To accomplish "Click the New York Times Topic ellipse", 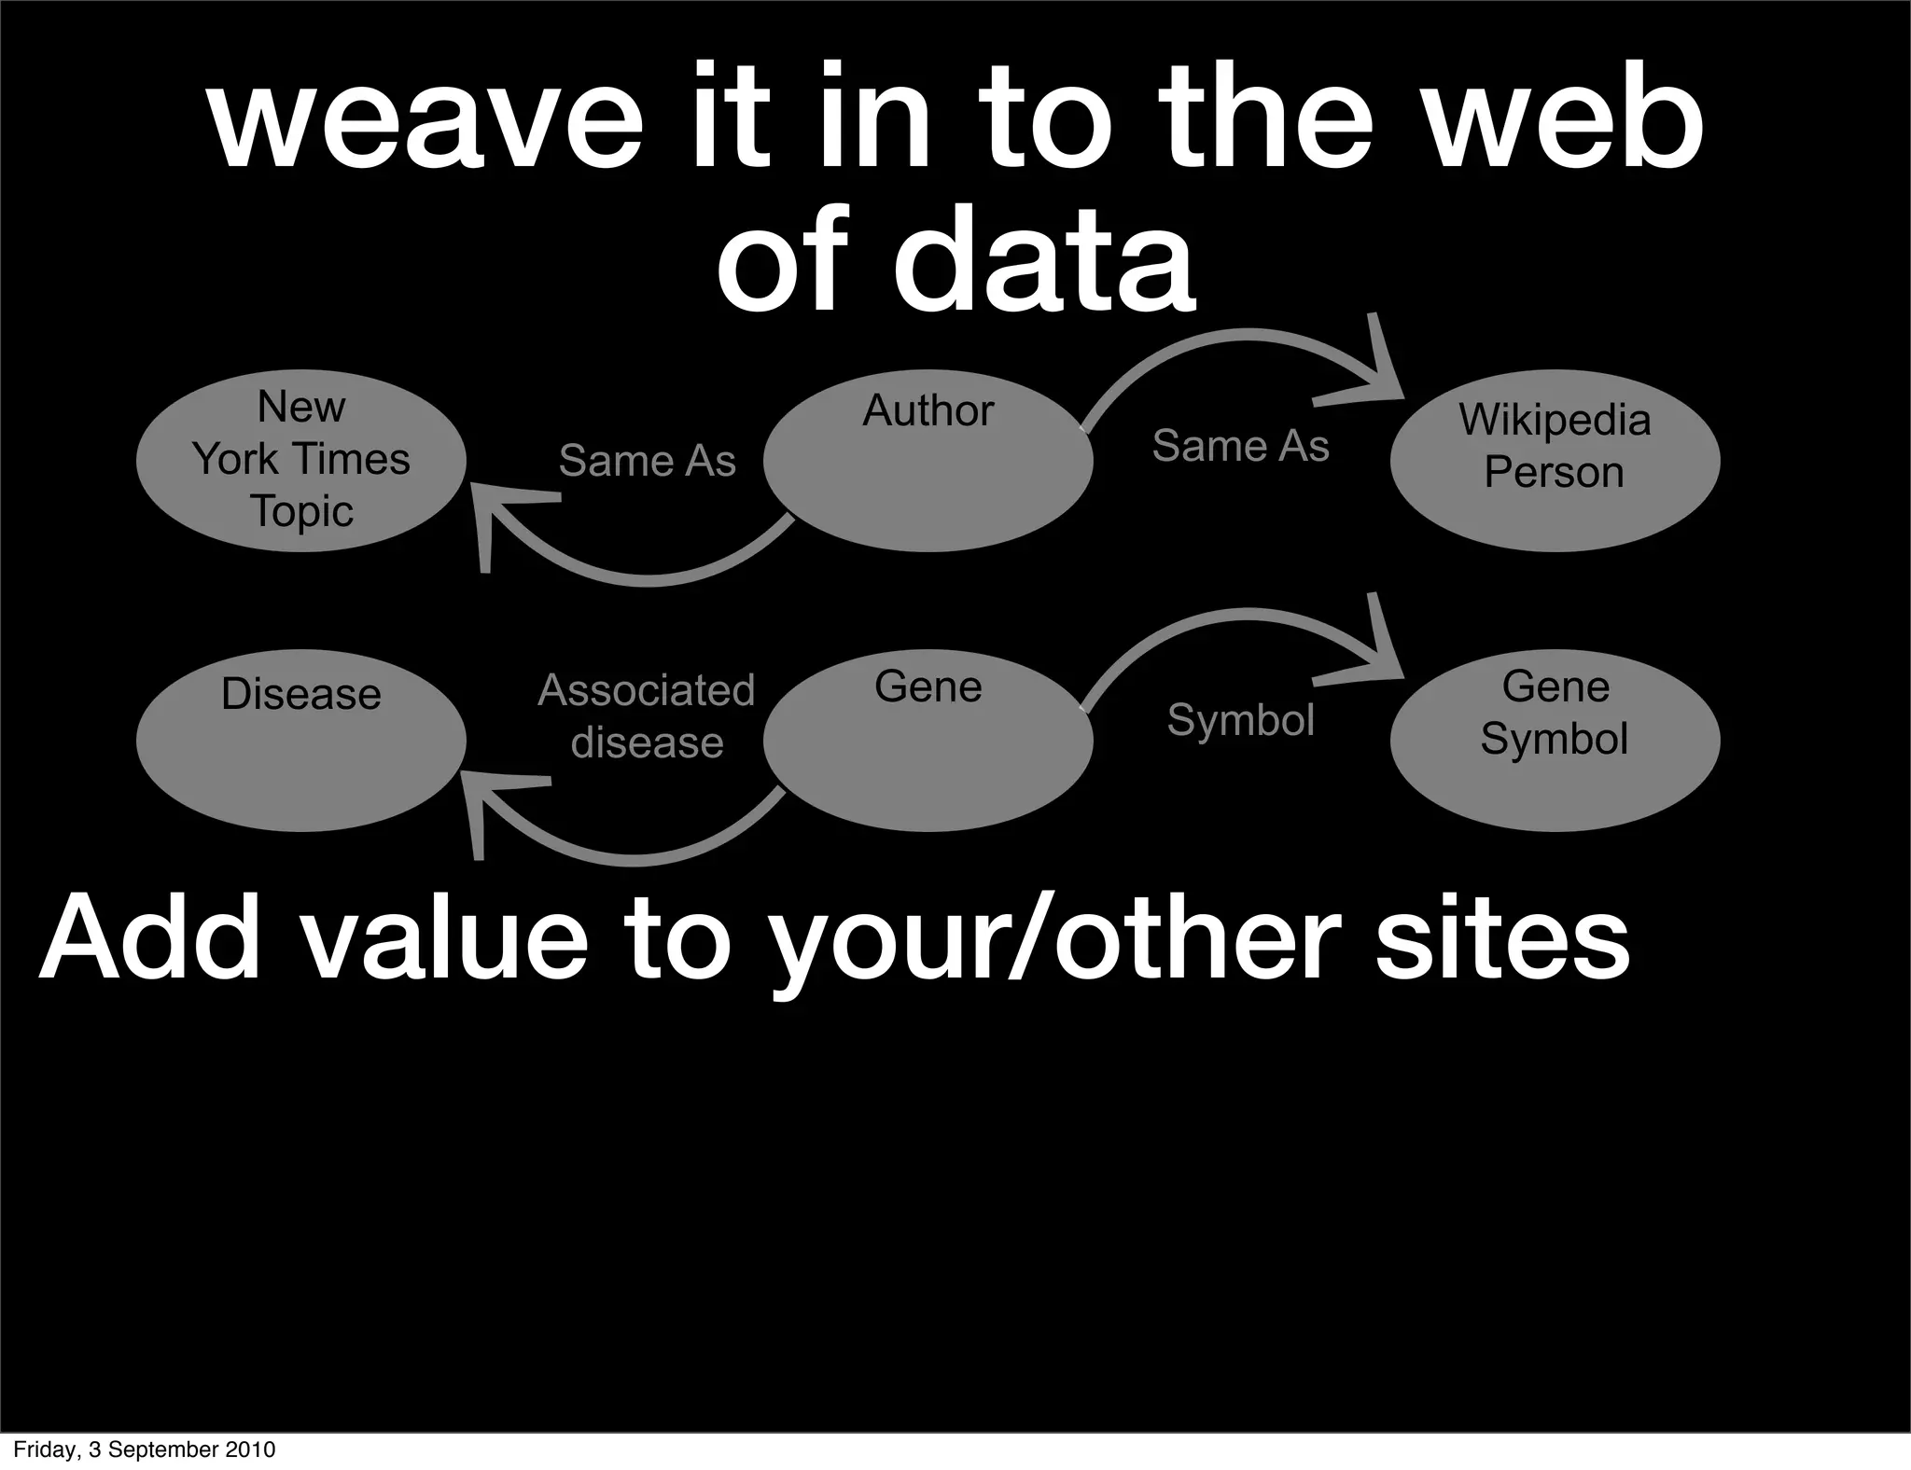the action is point(300,460).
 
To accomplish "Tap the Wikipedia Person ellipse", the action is point(1555,460).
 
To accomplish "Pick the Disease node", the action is point(300,740).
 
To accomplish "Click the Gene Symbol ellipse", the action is point(1555,740).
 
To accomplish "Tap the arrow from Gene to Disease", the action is point(635,857).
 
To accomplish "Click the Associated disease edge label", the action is point(647,716).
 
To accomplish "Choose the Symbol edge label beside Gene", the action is point(1240,720).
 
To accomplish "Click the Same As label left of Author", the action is point(647,461).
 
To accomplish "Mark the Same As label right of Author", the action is point(1240,446).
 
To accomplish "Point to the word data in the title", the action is point(1043,261).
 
